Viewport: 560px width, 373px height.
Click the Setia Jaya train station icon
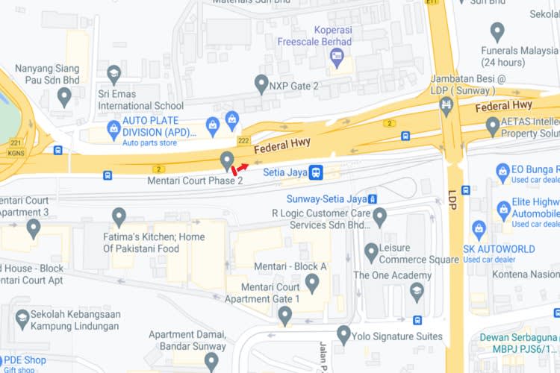[317, 172]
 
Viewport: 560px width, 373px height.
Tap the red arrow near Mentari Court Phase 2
[241, 169]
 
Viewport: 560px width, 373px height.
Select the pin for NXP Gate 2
[261, 84]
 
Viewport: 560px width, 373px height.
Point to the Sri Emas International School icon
[113, 75]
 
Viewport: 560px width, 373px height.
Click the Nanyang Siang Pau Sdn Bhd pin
[64, 96]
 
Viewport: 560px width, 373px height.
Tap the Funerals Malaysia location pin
[497, 32]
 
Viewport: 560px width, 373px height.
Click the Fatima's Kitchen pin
[119, 217]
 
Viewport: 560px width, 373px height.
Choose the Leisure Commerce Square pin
[371, 252]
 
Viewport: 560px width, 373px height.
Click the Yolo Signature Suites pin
[343, 334]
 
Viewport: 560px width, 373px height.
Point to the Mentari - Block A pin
[312, 283]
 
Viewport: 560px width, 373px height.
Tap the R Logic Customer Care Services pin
[379, 217]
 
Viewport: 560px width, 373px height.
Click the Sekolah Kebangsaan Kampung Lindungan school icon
[22, 319]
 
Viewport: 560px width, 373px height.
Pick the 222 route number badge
[243, 140]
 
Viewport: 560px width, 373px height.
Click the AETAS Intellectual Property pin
[493, 126]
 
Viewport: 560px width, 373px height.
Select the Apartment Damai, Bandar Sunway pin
[211, 362]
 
